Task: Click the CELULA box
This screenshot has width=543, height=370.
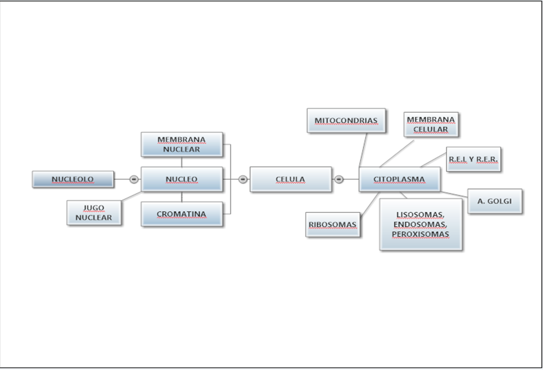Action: point(290,179)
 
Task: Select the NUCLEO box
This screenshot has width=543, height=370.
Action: point(182,179)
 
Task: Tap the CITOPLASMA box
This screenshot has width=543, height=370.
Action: point(399,179)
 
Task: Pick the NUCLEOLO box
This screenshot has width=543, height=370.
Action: point(73,179)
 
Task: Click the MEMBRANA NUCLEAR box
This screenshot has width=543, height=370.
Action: point(182,144)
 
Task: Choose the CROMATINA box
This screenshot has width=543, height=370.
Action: point(182,214)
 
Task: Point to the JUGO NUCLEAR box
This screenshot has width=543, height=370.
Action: point(94,213)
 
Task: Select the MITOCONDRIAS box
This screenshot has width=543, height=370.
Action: point(346,121)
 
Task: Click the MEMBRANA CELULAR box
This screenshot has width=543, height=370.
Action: point(431,124)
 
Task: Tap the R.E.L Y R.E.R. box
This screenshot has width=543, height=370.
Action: point(473,159)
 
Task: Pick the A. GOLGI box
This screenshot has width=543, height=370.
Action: point(494,201)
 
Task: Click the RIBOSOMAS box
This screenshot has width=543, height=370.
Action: point(333,225)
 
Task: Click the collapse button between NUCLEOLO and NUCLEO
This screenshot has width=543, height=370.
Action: point(134,179)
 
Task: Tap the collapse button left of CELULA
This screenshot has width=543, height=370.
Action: point(243,179)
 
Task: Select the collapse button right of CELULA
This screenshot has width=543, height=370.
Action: point(339,179)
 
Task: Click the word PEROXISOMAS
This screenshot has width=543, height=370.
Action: point(421,234)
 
